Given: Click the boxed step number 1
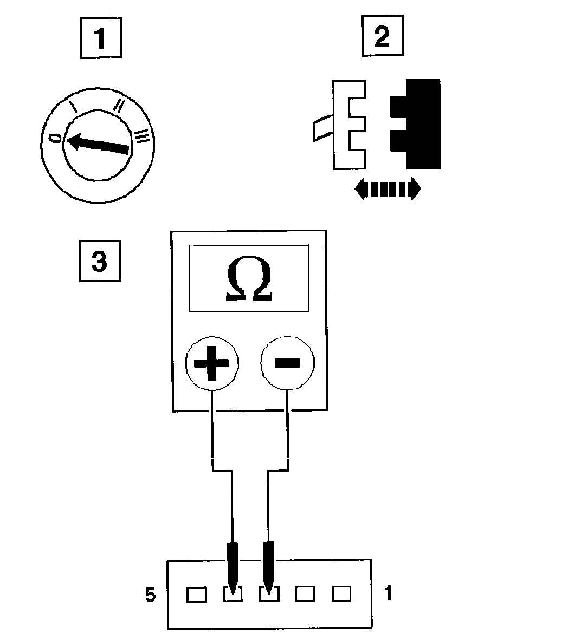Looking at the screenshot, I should coord(100,38).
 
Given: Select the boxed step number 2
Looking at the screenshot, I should coord(383,37).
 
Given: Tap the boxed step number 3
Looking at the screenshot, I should coord(100,261).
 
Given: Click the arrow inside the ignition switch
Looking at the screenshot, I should coord(98,143).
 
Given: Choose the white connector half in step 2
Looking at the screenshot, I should coord(347,123).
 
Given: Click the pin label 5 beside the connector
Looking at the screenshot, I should coord(151,595).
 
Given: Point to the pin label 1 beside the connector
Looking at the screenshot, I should coord(388,593).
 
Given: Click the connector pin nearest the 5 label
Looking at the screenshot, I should coord(196,595).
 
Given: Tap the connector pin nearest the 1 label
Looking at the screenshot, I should coord(341,594).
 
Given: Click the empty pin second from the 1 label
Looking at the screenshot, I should coord(305,595).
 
